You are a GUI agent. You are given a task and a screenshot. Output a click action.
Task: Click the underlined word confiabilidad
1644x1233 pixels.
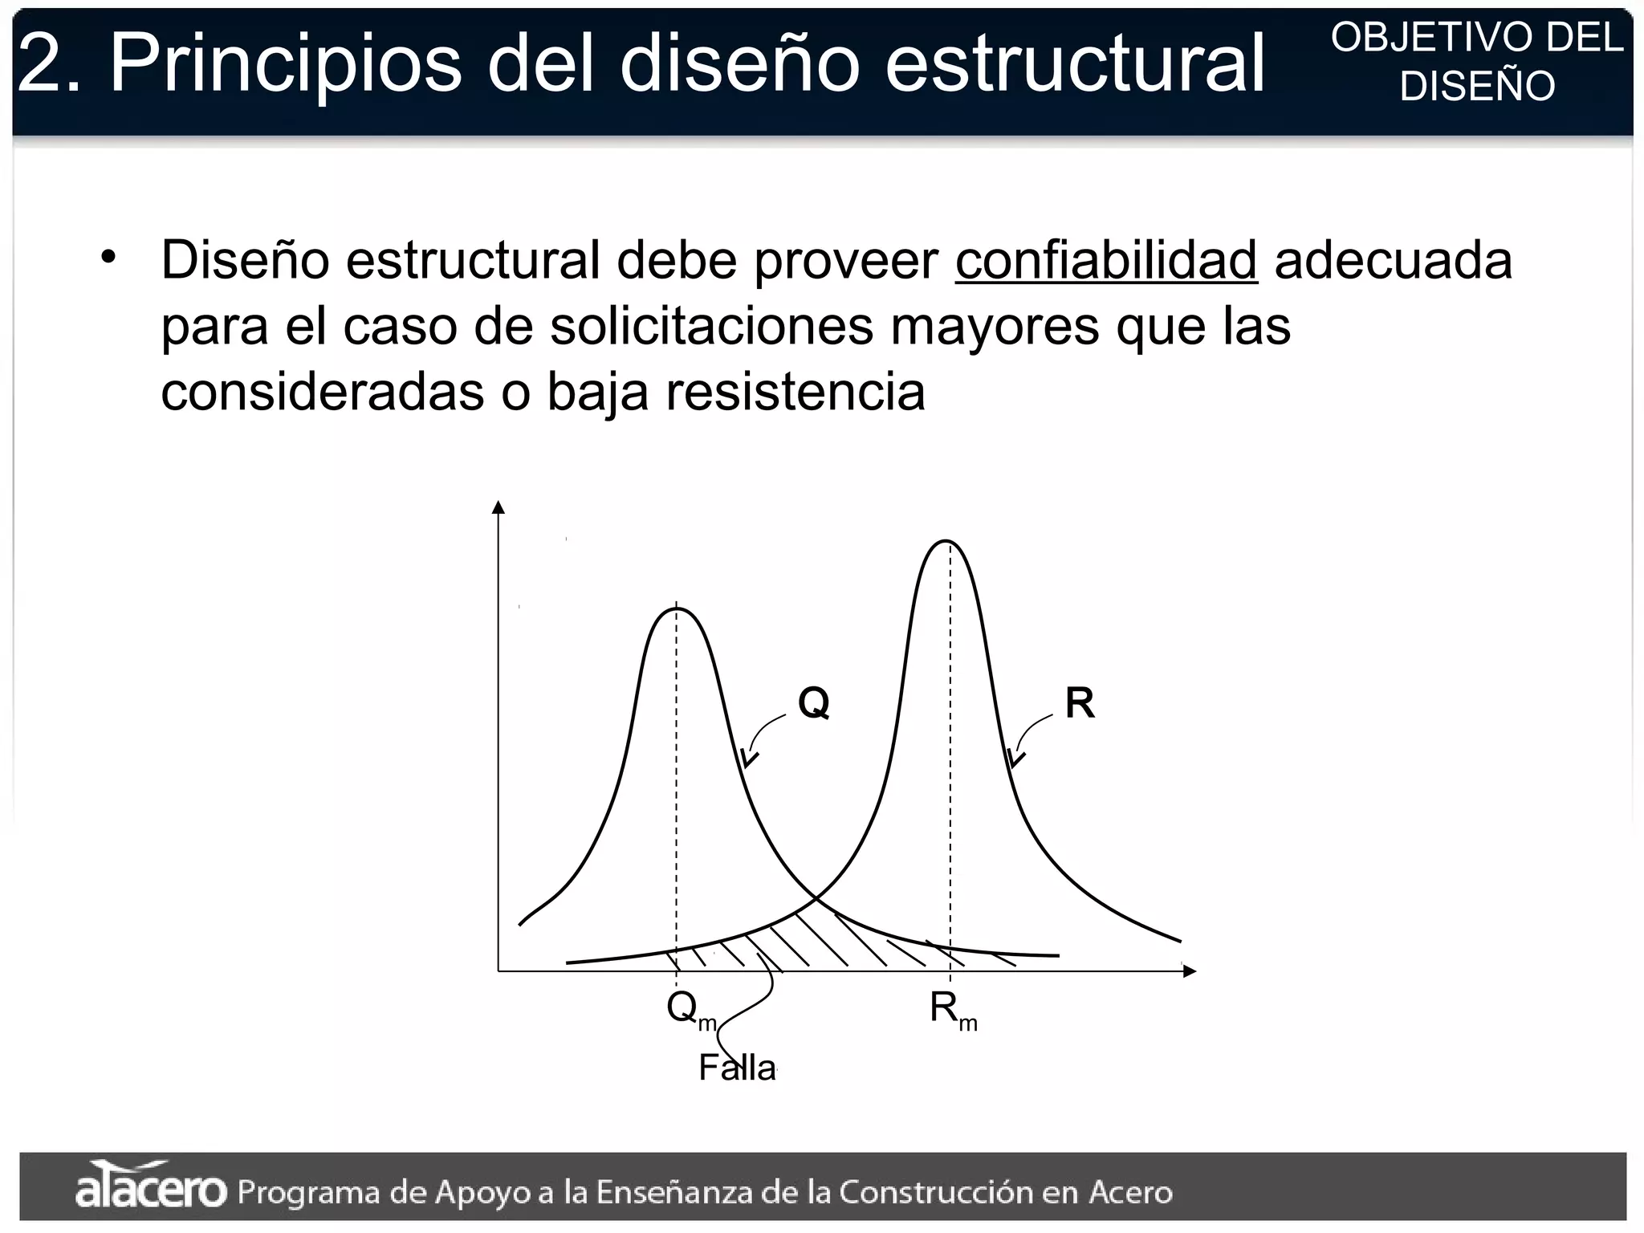(1105, 261)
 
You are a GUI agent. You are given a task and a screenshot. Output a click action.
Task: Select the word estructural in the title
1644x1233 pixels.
(1074, 63)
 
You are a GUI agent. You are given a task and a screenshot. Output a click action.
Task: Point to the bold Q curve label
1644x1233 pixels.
(813, 703)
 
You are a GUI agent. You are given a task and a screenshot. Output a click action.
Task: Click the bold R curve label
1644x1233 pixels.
(1080, 704)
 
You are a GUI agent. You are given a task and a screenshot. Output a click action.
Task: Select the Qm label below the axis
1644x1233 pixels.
(689, 1008)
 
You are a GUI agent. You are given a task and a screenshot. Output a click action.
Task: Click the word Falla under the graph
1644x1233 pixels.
(737, 1068)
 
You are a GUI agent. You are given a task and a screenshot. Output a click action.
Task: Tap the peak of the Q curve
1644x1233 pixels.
(677, 609)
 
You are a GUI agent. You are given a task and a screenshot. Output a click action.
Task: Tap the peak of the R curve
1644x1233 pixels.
(946, 541)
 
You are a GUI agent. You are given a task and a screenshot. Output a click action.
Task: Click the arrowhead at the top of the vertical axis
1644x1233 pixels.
(498, 507)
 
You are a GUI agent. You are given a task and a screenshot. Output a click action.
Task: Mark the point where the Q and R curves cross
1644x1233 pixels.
(815, 897)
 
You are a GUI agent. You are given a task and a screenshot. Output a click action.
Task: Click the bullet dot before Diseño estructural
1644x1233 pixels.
(109, 258)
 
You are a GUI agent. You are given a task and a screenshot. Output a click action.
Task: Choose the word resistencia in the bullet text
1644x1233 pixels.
(796, 393)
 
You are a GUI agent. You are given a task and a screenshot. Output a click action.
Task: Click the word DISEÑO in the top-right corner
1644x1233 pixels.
(1477, 87)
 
